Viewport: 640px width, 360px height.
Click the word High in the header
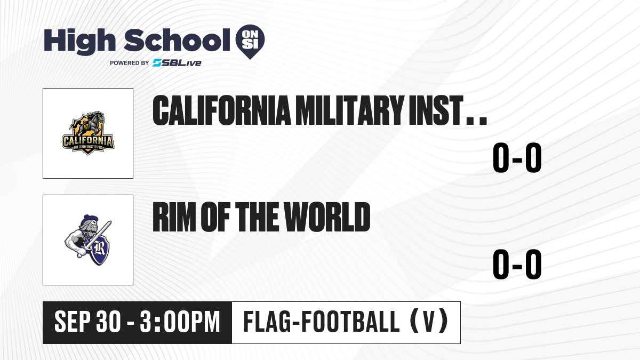79,41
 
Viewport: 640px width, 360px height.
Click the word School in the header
177,40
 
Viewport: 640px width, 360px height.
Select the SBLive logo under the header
177,63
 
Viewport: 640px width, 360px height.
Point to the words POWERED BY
130,63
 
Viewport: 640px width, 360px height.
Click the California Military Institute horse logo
88,133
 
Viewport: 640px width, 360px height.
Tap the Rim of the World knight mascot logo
88,240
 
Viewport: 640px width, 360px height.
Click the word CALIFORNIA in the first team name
222,110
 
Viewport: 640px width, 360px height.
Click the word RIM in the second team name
174,217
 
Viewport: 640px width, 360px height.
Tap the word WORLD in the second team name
327,217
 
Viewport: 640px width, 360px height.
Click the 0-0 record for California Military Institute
517,158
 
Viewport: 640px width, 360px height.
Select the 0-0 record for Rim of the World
517,265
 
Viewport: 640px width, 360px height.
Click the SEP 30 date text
87,322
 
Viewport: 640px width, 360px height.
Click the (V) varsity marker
429,322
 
